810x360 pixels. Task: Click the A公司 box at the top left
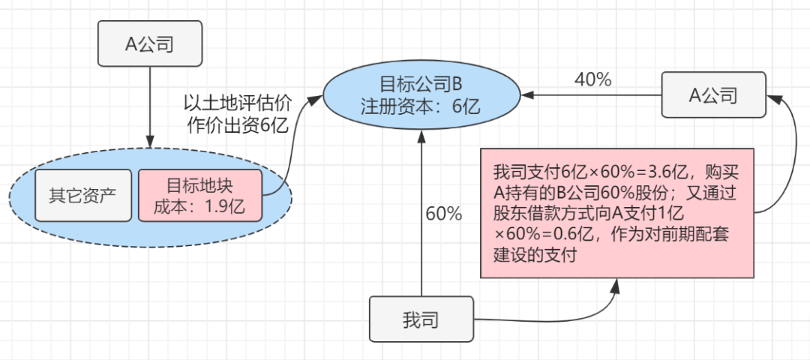(x=150, y=43)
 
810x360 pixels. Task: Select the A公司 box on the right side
(x=713, y=94)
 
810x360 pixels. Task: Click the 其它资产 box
(x=83, y=196)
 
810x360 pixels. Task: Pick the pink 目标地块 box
(x=200, y=196)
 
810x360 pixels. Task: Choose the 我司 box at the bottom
(x=421, y=319)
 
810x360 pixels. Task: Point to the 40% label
(x=593, y=79)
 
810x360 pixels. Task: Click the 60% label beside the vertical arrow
(x=444, y=214)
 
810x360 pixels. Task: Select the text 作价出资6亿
(x=238, y=125)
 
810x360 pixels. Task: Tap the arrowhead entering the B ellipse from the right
(x=527, y=95)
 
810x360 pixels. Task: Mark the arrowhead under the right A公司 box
(x=778, y=99)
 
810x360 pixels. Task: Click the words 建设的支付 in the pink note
(x=534, y=255)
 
